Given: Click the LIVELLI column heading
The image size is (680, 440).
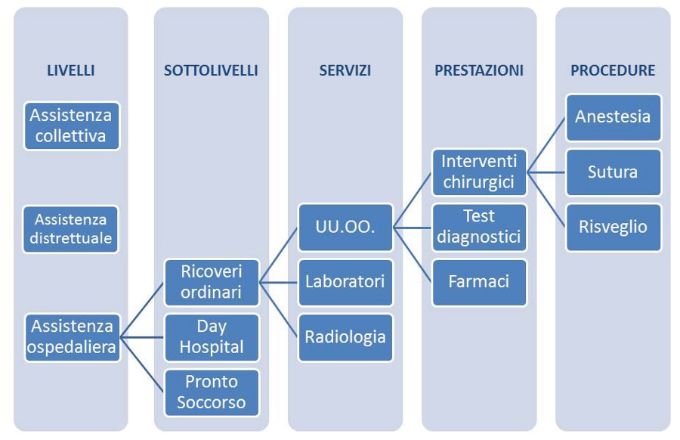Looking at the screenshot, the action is click(71, 70).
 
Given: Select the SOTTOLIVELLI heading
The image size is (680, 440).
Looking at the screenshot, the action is click(212, 70).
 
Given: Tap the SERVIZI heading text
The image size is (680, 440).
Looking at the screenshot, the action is click(345, 70).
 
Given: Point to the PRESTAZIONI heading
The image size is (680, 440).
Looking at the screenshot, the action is click(479, 70).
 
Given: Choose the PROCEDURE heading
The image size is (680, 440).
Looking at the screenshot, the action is click(613, 70).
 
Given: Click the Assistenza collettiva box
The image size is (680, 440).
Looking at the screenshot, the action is click(72, 125).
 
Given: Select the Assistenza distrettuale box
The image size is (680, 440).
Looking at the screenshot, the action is click(71, 229).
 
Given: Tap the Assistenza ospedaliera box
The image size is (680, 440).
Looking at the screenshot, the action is click(72, 338).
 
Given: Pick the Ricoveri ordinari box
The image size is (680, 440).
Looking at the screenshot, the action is click(212, 283).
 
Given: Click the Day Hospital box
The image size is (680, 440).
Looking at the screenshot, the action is click(212, 338).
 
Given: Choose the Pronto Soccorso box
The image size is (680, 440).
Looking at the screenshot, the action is click(212, 392).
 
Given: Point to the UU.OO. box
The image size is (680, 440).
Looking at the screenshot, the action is click(345, 228).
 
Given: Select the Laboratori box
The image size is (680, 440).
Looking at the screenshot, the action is click(345, 283).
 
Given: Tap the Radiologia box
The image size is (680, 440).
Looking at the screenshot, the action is click(345, 338).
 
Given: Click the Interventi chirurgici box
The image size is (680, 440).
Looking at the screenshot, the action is click(479, 172).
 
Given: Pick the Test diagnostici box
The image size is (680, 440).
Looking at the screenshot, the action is click(479, 228).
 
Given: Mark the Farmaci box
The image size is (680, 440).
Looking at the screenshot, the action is click(479, 283).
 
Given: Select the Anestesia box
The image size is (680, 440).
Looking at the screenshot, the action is click(614, 117).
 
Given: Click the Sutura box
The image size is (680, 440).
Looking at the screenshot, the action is click(614, 172).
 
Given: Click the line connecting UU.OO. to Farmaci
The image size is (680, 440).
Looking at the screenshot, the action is click(413, 255).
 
